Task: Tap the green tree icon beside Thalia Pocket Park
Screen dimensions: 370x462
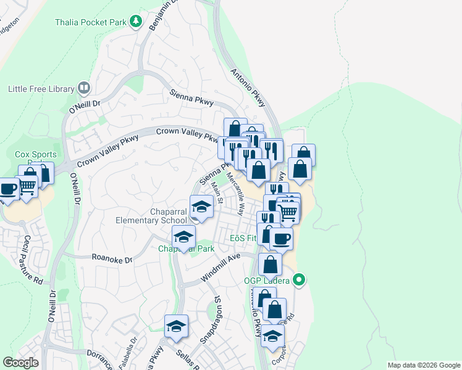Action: [x=136, y=22]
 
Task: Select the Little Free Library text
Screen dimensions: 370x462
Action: [x=41, y=89]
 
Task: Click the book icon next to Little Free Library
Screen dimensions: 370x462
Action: [x=84, y=89]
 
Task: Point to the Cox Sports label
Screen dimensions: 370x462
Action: [x=36, y=155]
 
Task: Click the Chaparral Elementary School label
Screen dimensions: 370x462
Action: [x=151, y=216]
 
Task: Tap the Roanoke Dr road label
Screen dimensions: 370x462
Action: [x=112, y=260]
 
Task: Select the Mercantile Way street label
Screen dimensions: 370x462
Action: [x=237, y=184]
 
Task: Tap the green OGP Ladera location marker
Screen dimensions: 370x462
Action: [x=300, y=281]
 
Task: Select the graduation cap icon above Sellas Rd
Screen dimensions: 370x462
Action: [x=176, y=326]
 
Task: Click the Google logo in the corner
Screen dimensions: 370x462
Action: [x=20, y=363]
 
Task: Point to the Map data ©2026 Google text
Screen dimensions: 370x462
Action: [x=423, y=365]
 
